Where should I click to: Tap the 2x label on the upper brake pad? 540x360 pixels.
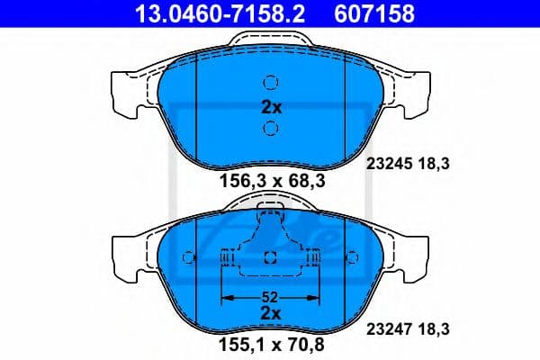coord(271,106)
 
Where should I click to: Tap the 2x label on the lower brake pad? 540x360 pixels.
coord(271,312)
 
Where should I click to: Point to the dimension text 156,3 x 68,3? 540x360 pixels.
coord(270,183)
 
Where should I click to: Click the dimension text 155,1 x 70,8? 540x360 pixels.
coord(270,343)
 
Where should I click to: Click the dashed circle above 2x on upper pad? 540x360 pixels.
coord(271,80)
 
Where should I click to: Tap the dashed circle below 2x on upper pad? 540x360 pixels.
coord(271,130)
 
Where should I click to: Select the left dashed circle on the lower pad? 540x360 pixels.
coord(188,258)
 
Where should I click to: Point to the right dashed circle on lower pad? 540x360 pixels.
coord(353,258)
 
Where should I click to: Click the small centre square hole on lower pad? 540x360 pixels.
coord(271,258)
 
